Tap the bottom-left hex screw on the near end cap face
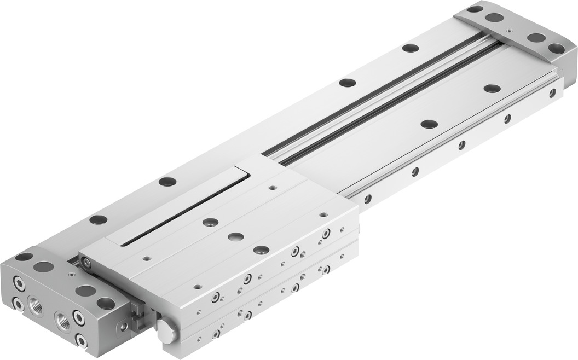[x=18, y=305]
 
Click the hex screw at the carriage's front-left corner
[x=86, y=264]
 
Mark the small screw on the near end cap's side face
[x=124, y=327]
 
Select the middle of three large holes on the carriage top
[x=236, y=236]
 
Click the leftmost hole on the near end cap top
[x=24, y=256]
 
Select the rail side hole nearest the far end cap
[x=552, y=93]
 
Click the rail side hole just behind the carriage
[x=368, y=198]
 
